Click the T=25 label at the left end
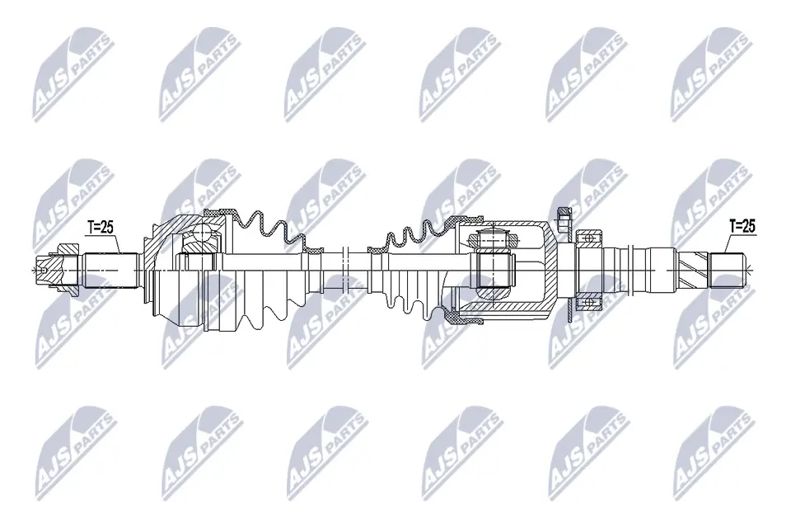coord(101,228)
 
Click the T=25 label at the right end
coord(742,224)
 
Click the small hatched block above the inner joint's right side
coord(564,219)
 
